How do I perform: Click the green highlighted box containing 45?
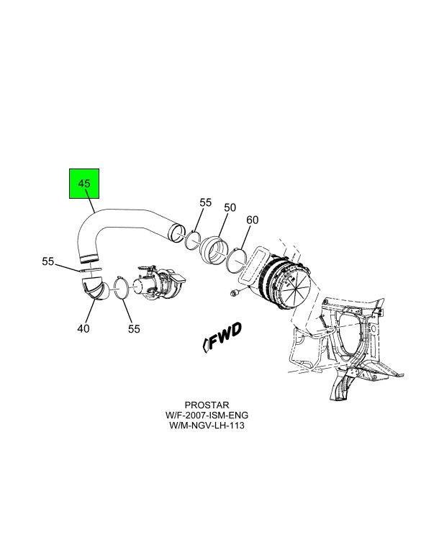(84, 184)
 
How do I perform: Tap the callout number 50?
(230, 208)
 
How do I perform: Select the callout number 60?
(252, 220)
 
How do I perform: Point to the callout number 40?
(83, 328)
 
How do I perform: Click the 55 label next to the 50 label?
(206, 203)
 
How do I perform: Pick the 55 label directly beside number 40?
(134, 328)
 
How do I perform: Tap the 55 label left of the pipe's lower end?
(48, 261)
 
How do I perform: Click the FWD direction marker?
(222, 336)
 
